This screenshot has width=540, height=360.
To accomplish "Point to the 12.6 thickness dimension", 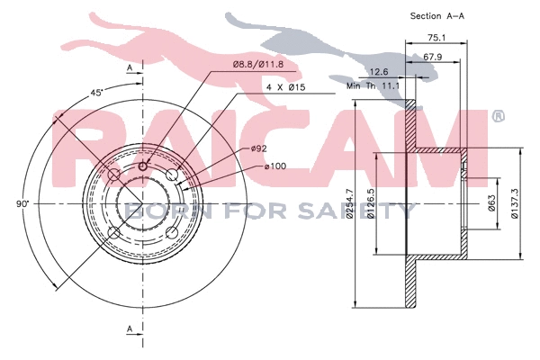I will pyautogui.click(x=379, y=72).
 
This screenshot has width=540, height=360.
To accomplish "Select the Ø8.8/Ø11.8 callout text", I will pyautogui.click(x=258, y=64).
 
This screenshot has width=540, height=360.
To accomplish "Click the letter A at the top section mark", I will pyautogui.click(x=130, y=67).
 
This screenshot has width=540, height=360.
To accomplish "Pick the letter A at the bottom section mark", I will pyautogui.click(x=130, y=328).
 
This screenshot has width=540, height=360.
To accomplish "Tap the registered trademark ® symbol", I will pyautogui.click(x=497, y=117).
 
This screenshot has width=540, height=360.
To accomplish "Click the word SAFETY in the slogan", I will pyautogui.click(x=370, y=211).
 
